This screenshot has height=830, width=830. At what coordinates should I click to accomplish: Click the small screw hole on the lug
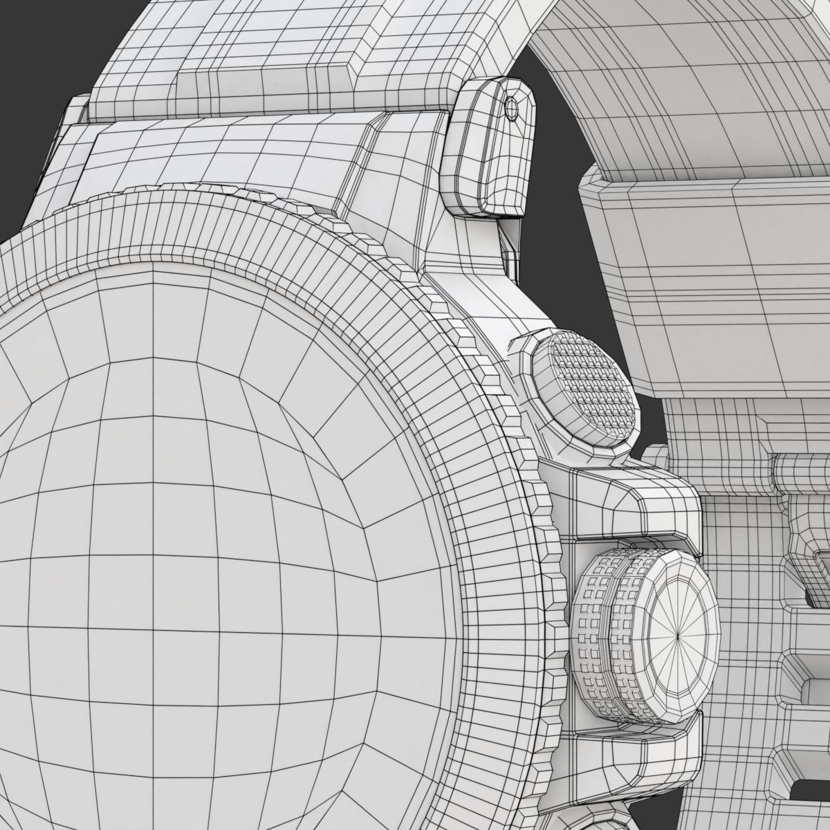click(511, 107)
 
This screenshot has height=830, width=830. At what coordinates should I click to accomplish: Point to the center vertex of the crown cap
click(680, 615)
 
